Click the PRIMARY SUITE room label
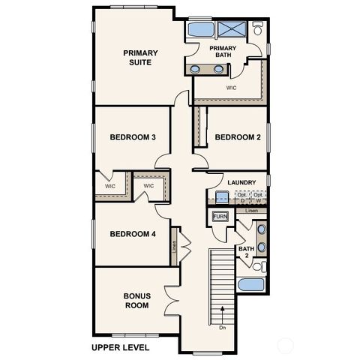pyautogui.click(x=139, y=58)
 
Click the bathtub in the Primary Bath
pyautogui.click(x=199, y=31)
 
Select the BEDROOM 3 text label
pyautogui.click(x=133, y=137)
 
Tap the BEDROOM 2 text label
pyautogui.click(x=237, y=137)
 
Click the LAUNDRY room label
pyautogui.click(x=241, y=182)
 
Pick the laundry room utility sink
pyautogui.click(x=222, y=198)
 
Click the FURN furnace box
pyautogui.click(x=220, y=217)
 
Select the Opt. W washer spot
pyautogui.click(x=258, y=197)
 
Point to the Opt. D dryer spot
pyautogui.click(x=242, y=197)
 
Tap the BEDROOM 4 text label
pyautogui.click(x=133, y=234)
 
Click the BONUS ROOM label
pyautogui.click(x=136, y=300)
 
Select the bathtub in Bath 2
pyautogui.click(x=248, y=286)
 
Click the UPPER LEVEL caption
pyautogui.click(x=120, y=347)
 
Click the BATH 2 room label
pyautogui.click(x=245, y=253)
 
